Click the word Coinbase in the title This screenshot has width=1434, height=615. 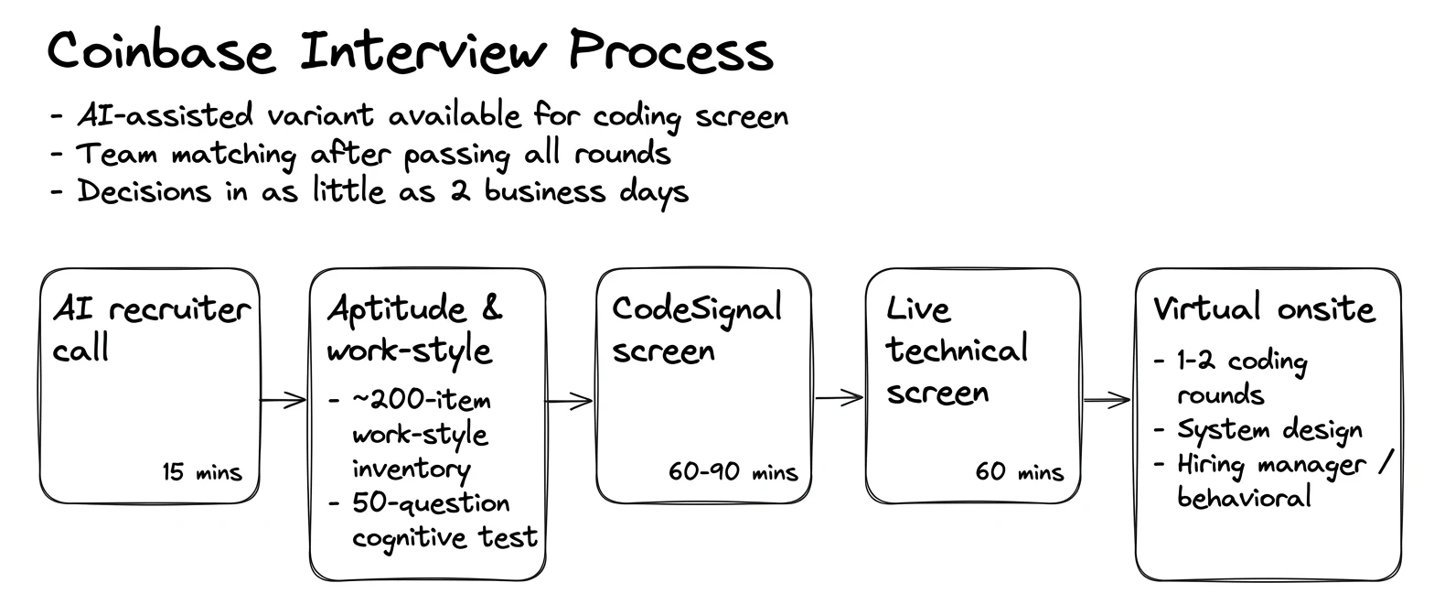pos(161,51)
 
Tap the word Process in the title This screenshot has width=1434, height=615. pos(671,50)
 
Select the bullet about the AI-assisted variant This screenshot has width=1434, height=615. pos(419,116)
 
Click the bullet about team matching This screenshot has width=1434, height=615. pos(360,155)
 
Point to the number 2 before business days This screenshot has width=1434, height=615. pos(460,191)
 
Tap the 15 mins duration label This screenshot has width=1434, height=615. pos(201,472)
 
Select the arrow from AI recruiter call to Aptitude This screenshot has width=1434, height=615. pos(283,401)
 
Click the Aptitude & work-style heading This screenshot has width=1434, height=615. pos(415,329)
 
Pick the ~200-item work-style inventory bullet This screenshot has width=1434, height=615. pos(410,435)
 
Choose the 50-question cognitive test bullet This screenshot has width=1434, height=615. pos(433,521)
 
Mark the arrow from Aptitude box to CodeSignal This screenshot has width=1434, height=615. pos(569,401)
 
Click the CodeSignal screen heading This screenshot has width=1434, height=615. pos(697,329)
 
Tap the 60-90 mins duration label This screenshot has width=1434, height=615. pos(733,472)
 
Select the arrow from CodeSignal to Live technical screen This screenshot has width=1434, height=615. pos(839,398)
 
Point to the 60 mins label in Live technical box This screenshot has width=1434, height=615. pos(1019,472)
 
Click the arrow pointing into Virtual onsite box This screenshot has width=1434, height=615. pos(1107,401)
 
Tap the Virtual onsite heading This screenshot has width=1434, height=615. pos(1264,308)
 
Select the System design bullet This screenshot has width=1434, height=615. pos(1257,430)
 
